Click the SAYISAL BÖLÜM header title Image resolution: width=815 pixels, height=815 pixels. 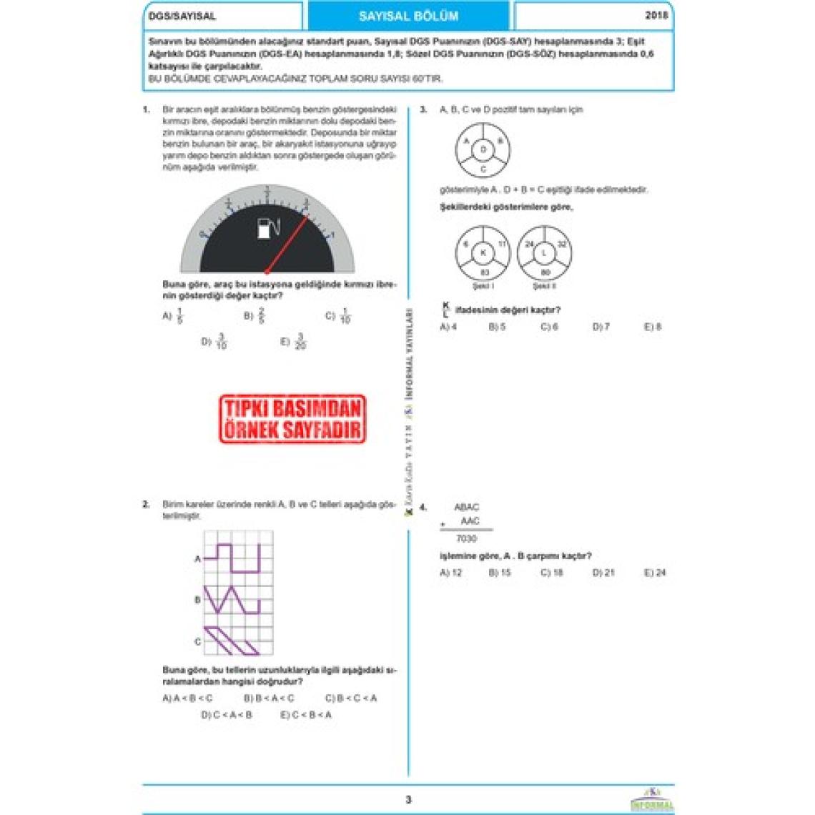tap(408, 16)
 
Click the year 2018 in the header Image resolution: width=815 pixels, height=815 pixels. tap(656, 15)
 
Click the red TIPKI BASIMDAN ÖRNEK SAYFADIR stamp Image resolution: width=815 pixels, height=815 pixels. tap(293, 420)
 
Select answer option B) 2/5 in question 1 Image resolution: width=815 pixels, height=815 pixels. tap(255, 315)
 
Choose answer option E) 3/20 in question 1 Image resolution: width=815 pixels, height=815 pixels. tap(294, 342)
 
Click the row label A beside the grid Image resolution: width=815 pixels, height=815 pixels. tap(197, 559)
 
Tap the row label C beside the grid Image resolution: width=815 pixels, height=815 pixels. tap(197, 641)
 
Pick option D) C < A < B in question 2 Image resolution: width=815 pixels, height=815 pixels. tap(227, 714)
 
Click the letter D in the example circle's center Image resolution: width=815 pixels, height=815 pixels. tap(483, 150)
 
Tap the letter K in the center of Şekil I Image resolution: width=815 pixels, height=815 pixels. tap(483, 253)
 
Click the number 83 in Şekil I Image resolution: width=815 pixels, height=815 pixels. tap(484, 272)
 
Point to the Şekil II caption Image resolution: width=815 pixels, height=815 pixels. tap(544, 286)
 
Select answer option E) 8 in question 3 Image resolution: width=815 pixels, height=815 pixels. tap(653, 327)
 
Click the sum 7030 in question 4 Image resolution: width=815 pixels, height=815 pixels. tap(466, 538)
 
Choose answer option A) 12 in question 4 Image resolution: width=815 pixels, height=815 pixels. tap(451, 573)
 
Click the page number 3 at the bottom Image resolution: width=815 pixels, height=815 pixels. tap(408, 800)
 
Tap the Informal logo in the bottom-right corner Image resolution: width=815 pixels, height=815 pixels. tap(651, 799)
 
